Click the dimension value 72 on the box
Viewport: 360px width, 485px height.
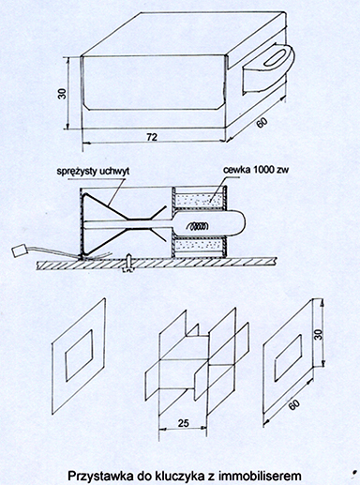[152, 137]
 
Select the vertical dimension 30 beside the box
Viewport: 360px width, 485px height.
[63, 94]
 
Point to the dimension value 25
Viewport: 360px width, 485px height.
[184, 423]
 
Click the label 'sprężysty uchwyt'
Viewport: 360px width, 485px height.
[93, 172]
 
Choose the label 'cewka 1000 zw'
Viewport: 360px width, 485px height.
[256, 170]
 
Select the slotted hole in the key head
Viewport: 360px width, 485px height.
[275, 58]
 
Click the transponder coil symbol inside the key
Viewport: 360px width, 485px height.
[198, 225]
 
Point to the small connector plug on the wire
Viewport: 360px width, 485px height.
[19, 250]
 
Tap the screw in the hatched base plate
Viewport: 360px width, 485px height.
[128, 262]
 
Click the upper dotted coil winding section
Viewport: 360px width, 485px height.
[200, 200]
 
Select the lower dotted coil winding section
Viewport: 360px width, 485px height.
[200, 246]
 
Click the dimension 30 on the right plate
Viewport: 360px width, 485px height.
[318, 335]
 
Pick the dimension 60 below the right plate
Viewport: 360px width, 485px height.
[293, 404]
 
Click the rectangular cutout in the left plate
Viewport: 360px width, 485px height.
[79, 356]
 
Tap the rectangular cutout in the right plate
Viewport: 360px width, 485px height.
[288, 357]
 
